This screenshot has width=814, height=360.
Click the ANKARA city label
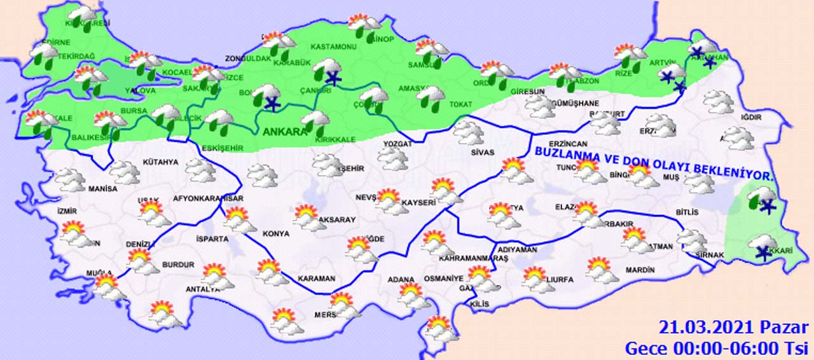[x=283, y=132]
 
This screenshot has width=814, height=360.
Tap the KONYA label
[x=276, y=233]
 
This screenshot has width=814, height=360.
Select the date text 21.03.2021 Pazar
[x=733, y=328]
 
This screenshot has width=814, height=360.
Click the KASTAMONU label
[x=333, y=47]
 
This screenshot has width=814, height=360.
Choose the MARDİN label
[x=639, y=270]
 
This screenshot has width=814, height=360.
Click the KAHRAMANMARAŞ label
[x=470, y=259]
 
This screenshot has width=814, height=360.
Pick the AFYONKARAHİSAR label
[x=208, y=198]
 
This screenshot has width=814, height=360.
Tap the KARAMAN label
[x=316, y=279]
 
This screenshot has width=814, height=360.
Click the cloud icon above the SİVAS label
[x=471, y=132]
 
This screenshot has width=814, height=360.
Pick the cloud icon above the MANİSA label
[x=70, y=180]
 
